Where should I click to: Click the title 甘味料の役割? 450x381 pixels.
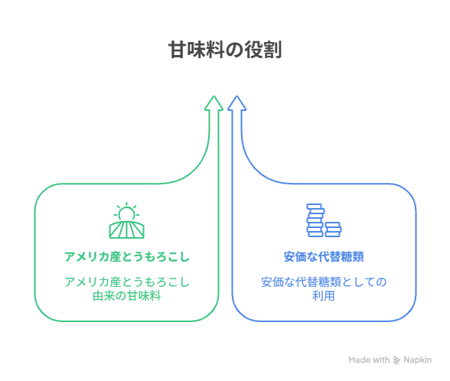[x=225, y=50]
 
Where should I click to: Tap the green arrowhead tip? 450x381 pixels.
[x=214, y=96]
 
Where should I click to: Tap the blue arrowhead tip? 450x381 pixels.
[x=236, y=96]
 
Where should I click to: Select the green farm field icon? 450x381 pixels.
[x=126, y=220]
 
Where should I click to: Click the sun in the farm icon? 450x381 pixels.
[x=126, y=213]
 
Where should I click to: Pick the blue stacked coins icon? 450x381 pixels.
[x=324, y=220]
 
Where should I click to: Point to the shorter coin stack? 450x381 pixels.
[x=333, y=230]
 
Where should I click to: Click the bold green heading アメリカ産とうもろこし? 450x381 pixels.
[x=127, y=256]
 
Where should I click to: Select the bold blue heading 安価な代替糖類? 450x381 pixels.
[x=324, y=256]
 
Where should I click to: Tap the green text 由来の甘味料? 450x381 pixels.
[x=126, y=296]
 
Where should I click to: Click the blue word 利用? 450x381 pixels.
[x=324, y=296]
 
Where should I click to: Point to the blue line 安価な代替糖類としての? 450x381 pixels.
[x=324, y=282]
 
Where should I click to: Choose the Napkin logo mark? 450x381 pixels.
[x=396, y=360]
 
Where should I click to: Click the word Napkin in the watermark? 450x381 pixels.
[x=418, y=360]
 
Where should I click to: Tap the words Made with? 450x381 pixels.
[x=369, y=360]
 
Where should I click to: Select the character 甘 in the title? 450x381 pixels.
[x=178, y=50]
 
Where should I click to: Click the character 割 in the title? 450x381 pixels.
[x=272, y=50]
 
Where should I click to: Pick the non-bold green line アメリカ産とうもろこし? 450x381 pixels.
[x=127, y=282]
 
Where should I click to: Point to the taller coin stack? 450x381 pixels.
[x=315, y=220]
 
